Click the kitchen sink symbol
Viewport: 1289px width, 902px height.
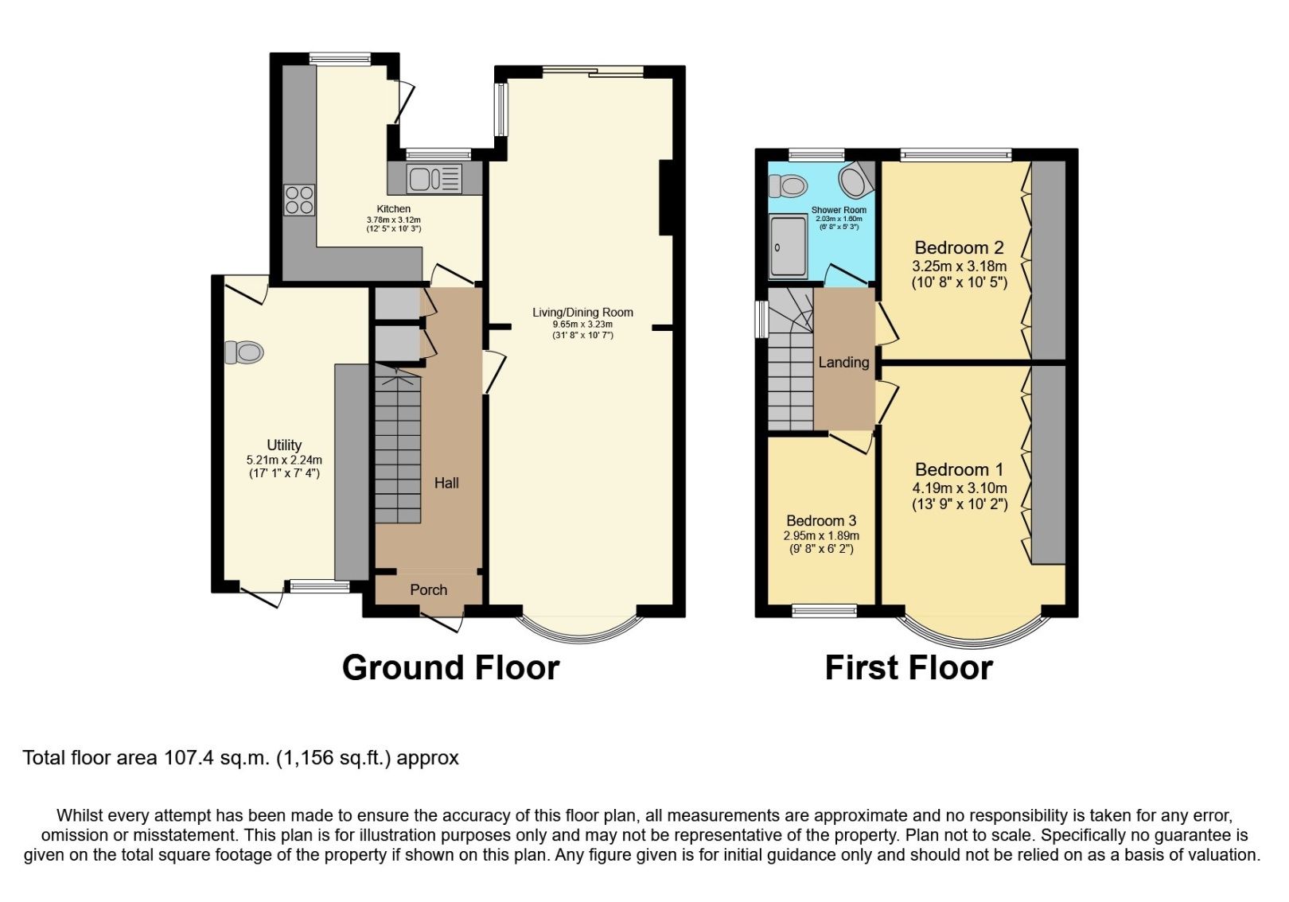[x=434, y=178]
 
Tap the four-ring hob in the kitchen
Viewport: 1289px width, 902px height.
[x=299, y=199]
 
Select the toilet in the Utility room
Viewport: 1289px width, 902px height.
[x=245, y=352]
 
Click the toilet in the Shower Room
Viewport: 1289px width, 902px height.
[x=789, y=186]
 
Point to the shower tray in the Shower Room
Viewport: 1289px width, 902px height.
[x=788, y=247]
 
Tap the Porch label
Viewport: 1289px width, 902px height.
[x=428, y=590]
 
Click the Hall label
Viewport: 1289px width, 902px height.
[x=446, y=483]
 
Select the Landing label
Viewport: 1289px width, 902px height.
[x=843, y=362]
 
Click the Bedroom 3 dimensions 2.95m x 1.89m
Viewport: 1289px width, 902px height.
[x=821, y=536]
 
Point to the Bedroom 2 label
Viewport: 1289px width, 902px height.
[x=959, y=247]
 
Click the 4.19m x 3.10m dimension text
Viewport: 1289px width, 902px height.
[x=960, y=488]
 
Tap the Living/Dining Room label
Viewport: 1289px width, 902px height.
[x=582, y=312]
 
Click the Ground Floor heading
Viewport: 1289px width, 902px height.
[x=450, y=667]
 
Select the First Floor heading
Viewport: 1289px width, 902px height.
[x=909, y=667]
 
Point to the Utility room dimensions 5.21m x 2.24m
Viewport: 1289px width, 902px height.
[x=284, y=460]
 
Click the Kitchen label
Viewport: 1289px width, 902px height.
[x=394, y=208]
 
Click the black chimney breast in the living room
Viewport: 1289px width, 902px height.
[x=667, y=198]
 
